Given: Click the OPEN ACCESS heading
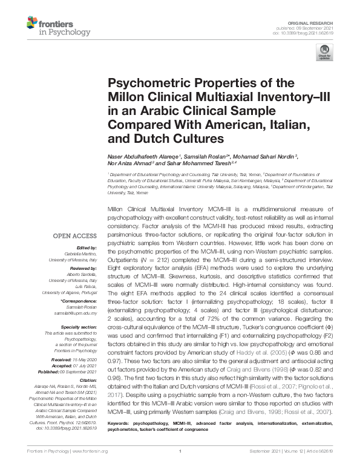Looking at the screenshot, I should [75, 237].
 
